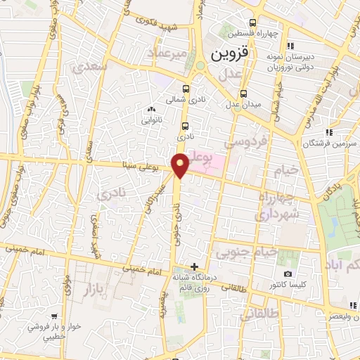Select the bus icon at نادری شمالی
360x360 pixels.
[186, 89]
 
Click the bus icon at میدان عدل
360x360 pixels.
[243, 94]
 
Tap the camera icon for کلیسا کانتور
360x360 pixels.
[287, 274]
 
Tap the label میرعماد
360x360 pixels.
[167, 53]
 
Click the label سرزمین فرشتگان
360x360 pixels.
[304, 143]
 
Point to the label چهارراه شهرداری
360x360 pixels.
[278, 204]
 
